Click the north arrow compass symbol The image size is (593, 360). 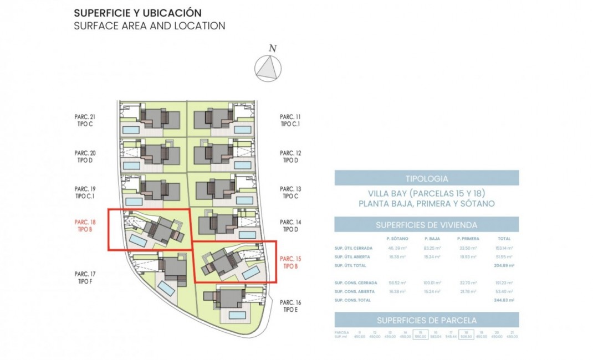[268, 69]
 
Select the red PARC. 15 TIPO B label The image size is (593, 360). [290, 262]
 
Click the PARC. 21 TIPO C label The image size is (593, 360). [85, 120]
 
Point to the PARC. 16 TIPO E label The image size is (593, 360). [290, 306]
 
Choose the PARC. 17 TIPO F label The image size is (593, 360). [85, 277]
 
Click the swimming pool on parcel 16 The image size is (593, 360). [238, 315]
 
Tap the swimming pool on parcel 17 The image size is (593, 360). [166, 288]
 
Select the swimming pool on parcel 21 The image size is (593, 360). [131, 130]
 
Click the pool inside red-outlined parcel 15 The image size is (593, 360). [251, 273]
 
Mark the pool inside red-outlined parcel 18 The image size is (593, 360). [139, 241]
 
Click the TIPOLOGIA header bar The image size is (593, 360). [427, 178]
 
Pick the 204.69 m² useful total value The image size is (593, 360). [505, 266]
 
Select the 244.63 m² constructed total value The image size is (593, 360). [505, 300]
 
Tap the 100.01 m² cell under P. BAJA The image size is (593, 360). [432, 283]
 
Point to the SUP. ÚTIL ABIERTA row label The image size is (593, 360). [353, 257]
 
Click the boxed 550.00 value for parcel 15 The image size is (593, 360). [421, 337]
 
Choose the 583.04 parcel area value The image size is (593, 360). [436, 337]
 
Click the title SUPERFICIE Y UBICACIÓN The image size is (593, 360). [137, 13]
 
